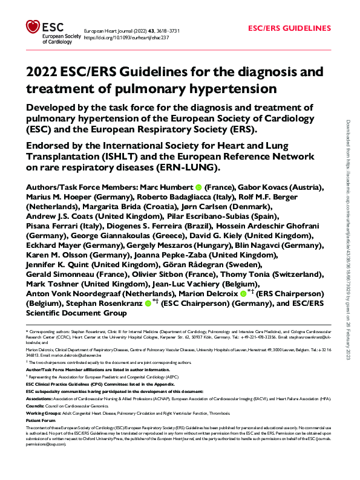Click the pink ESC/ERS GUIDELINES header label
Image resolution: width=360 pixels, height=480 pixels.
coord(290,28)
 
